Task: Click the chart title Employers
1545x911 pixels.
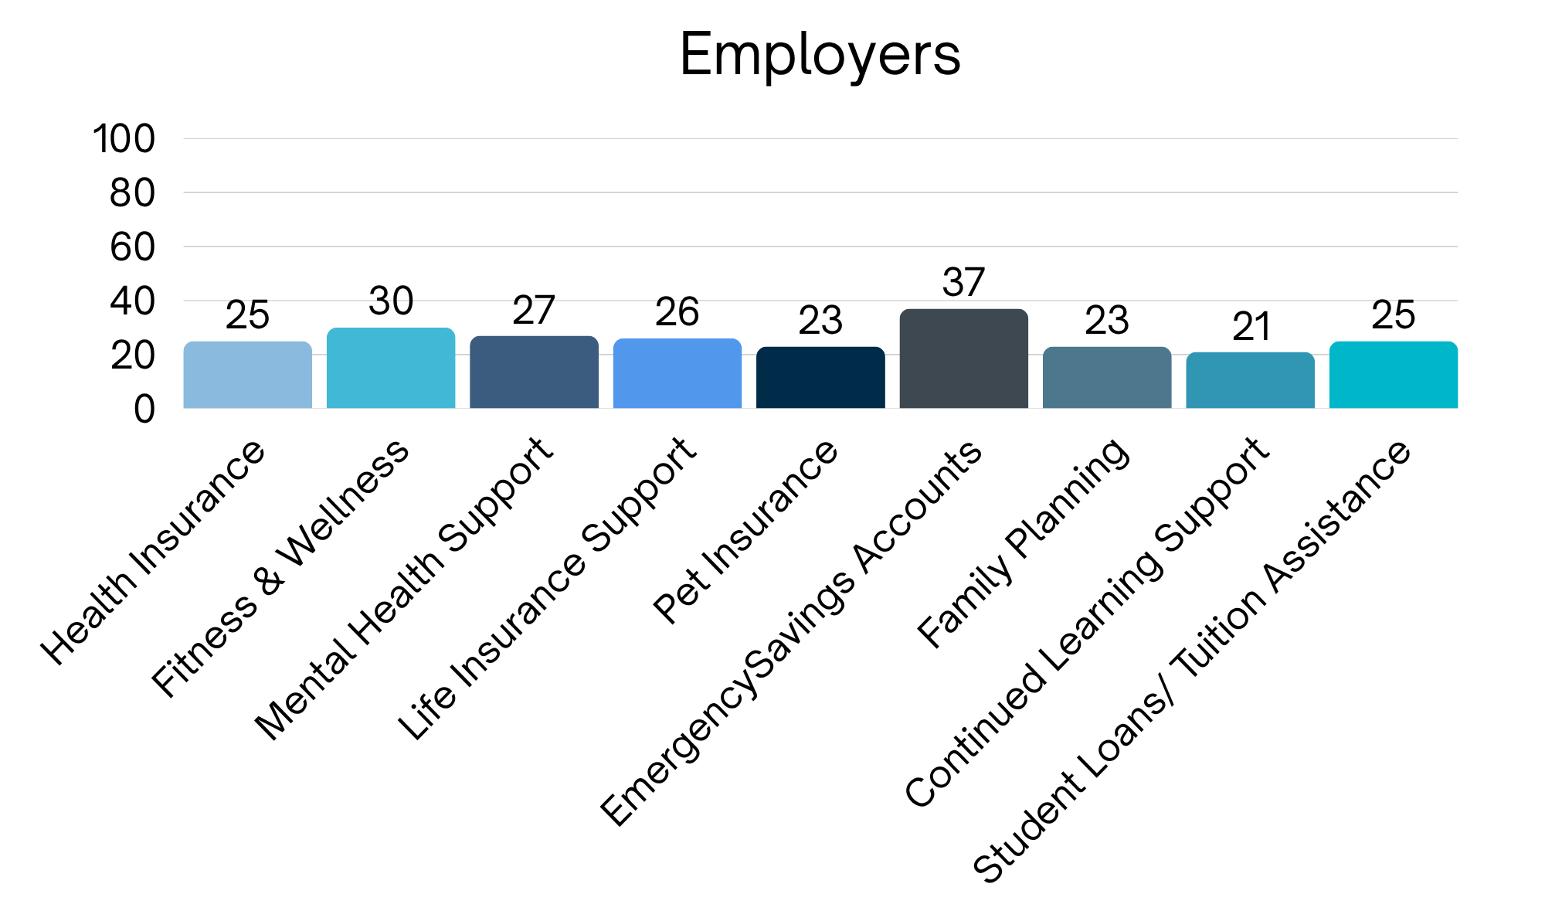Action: pos(820,55)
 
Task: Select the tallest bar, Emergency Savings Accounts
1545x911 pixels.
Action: pos(963,359)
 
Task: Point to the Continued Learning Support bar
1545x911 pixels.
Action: pos(1250,380)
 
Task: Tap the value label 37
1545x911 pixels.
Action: pos(963,282)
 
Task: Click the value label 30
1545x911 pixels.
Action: pos(391,301)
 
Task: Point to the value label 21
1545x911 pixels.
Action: pos(1251,327)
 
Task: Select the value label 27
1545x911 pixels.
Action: pos(534,311)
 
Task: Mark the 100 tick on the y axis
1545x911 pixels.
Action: pos(124,140)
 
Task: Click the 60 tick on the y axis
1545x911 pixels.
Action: pos(132,247)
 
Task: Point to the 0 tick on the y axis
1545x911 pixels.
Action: pos(144,409)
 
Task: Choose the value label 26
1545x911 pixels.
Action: pos(677,312)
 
